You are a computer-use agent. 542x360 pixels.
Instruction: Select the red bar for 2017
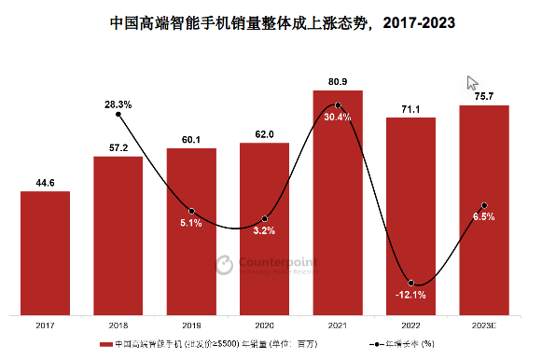pos(45,253)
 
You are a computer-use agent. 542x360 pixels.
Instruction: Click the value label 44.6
pos(45,183)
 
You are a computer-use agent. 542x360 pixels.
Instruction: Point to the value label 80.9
pos(338,81)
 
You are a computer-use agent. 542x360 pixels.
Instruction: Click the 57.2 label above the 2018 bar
pos(118,148)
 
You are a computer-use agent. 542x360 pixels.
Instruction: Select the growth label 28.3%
pos(118,104)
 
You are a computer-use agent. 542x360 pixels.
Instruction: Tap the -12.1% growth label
pos(410,296)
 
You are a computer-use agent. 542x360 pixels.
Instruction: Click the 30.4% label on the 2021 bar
pos(338,118)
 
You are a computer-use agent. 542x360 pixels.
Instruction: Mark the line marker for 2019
pos(191,211)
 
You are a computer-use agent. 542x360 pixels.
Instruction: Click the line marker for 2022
pos(410,283)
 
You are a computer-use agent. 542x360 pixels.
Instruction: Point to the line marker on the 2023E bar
pos(484,205)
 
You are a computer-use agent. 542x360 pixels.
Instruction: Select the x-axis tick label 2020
pos(264,325)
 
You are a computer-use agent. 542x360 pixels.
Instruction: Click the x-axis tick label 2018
pos(118,325)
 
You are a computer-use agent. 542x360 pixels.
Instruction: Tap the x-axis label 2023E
pos(484,325)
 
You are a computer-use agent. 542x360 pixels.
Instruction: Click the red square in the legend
pos(104,344)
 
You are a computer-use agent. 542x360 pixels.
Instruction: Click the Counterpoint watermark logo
pos(225,266)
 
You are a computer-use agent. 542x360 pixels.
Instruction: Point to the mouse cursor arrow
pos(472,83)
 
